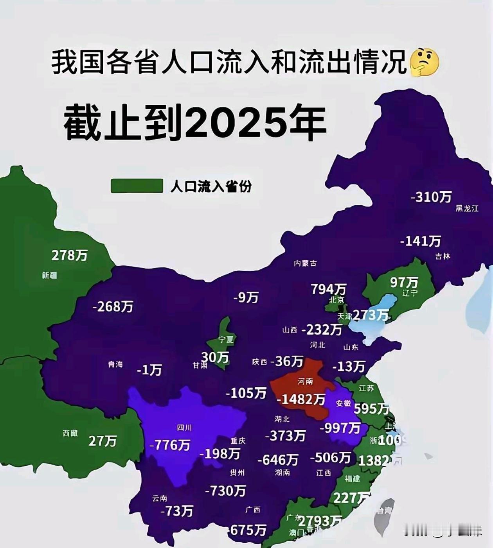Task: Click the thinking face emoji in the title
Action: click(x=424, y=62)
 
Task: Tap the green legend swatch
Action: click(x=137, y=186)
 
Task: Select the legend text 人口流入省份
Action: click(x=211, y=186)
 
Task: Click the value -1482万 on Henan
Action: click(x=301, y=399)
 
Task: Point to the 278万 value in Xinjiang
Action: click(x=69, y=255)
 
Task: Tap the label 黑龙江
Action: click(x=467, y=208)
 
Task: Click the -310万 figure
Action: click(x=431, y=197)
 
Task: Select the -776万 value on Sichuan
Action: click(x=170, y=445)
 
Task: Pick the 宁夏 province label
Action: click(x=226, y=339)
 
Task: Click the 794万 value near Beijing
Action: click(x=328, y=289)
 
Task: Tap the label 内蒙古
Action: click(x=305, y=263)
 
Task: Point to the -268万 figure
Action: click(x=113, y=306)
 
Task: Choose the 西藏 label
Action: click(x=70, y=433)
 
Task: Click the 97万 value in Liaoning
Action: click(x=404, y=282)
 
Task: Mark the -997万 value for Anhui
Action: click(x=340, y=428)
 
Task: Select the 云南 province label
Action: click(x=160, y=498)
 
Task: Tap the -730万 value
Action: click(x=226, y=490)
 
